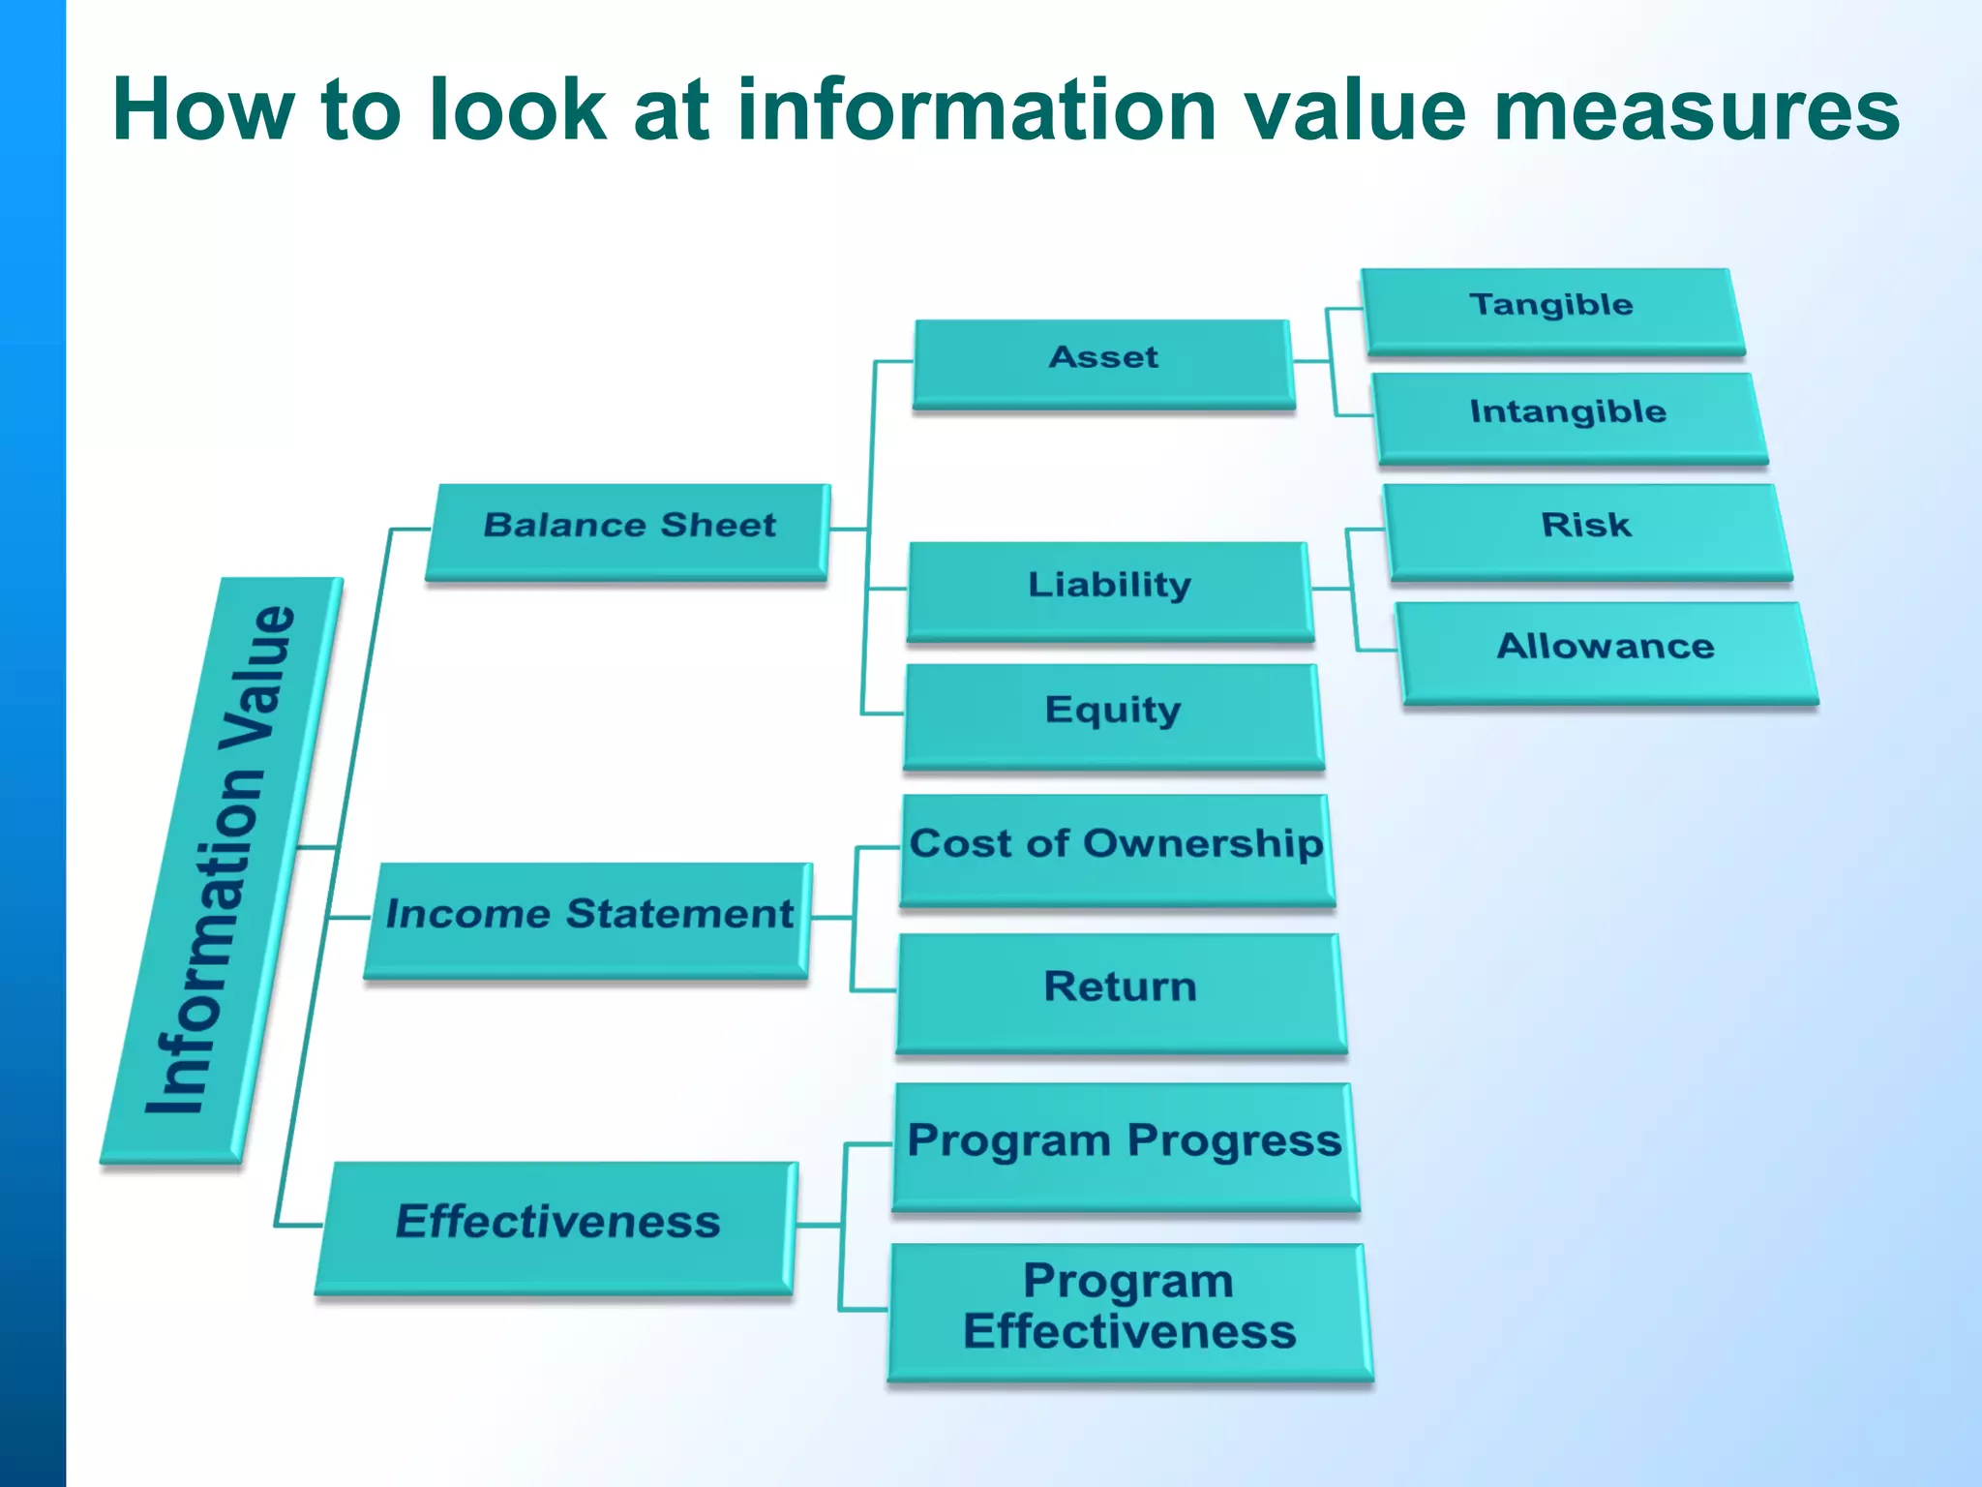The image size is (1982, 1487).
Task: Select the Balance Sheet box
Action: pos(629,530)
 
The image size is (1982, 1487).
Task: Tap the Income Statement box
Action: pos(588,918)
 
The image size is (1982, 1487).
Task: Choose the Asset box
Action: pos(1103,361)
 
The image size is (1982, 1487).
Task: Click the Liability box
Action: pos(1110,589)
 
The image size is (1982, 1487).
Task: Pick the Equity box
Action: pos(1113,713)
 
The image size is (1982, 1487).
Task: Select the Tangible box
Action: pos(1551,309)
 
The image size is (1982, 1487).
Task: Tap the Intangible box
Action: pos(1568,416)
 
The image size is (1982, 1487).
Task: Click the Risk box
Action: pos(1587,530)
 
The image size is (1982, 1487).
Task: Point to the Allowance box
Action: pos(1607,650)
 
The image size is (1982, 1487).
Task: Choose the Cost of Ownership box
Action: pos(1117,848)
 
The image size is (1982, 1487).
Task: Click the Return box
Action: pos(1121,990)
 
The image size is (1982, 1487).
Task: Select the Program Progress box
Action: pos(1125,1144)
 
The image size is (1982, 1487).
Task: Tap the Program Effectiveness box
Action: pos(1129,1309)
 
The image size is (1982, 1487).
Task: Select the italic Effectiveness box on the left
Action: pos(558,1225)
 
